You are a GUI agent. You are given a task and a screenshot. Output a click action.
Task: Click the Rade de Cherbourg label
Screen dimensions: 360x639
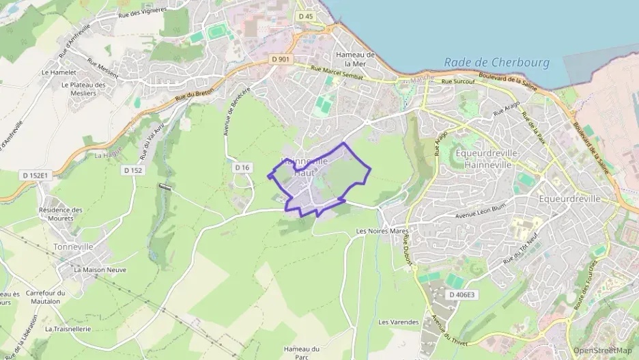point(496,62)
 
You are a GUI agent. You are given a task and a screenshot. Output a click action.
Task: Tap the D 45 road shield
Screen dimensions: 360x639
point(305,16)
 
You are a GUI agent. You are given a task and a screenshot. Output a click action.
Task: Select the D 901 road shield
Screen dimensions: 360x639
point(281,59)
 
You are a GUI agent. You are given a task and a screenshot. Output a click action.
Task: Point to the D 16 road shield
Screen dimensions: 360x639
point(242,167)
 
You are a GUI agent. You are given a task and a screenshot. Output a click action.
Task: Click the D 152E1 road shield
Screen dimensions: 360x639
point(35,176)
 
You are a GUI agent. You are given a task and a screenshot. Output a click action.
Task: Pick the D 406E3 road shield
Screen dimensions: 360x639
point(461,294)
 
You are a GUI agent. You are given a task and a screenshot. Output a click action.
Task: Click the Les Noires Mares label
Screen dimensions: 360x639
point(382,232)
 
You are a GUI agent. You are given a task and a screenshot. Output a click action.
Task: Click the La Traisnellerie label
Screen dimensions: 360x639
point(68,329)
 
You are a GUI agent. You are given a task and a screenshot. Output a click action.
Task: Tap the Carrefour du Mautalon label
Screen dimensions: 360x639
point(44,296)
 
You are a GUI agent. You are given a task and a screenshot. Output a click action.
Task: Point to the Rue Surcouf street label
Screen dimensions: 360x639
point(457,82)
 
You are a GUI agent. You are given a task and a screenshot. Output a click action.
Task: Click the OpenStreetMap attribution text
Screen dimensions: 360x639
point(603,350)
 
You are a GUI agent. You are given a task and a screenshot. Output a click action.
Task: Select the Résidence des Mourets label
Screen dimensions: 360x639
point(61,214)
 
